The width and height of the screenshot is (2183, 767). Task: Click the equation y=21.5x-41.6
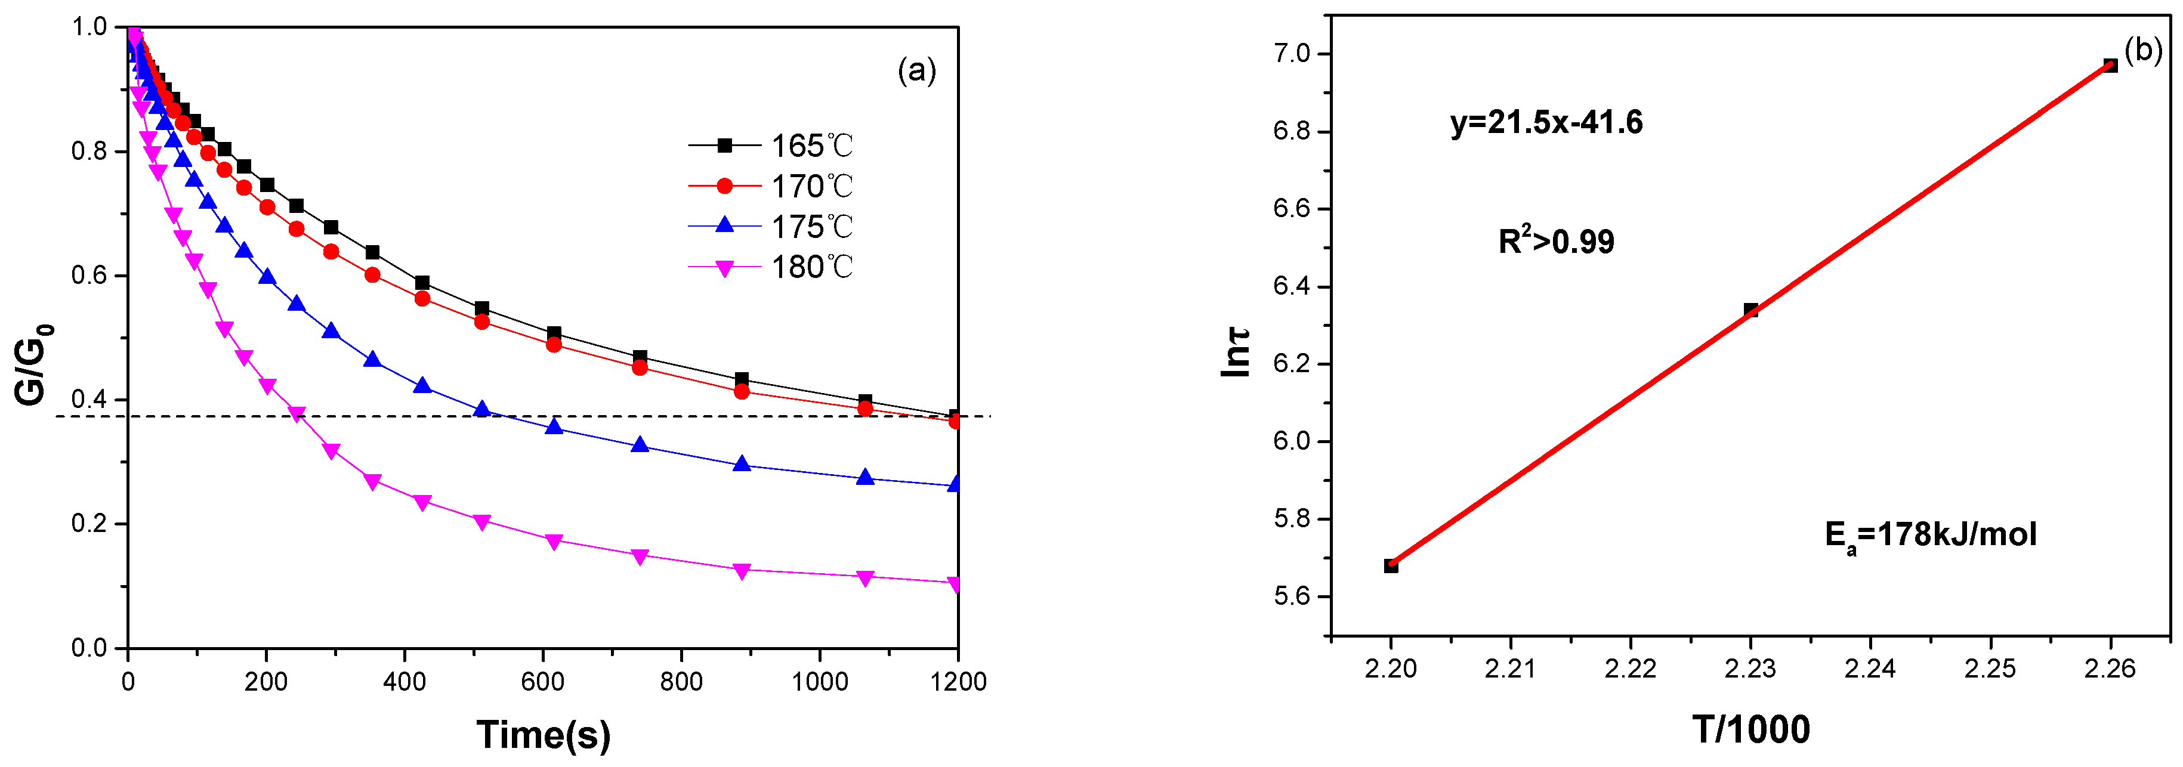1546,123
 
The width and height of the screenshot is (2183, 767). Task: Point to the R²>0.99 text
1556,242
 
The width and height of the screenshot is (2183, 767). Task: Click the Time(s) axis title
543,734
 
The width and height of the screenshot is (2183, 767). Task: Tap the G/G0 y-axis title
34,364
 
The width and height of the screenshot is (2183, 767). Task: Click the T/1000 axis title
1751,729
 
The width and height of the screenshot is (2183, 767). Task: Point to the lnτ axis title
1236,352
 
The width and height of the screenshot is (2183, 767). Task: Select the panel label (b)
2143,51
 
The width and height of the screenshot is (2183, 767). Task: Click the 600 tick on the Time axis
542,681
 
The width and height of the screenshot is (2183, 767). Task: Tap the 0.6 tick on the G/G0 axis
89,276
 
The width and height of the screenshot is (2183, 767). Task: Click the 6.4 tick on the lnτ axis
1292,286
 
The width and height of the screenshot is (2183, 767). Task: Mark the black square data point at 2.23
1751,310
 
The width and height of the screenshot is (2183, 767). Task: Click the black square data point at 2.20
1391,566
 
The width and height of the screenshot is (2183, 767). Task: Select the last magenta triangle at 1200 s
955,584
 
